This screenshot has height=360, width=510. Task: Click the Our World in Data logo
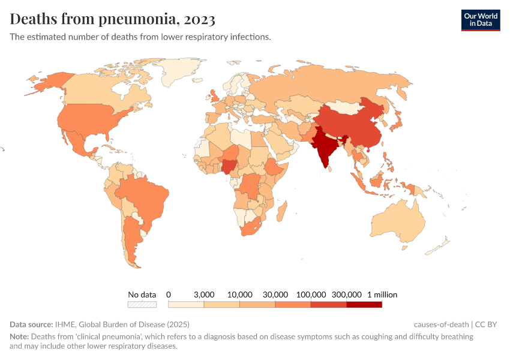click(x=480, y=20)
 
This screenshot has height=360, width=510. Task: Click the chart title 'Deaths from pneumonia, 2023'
click(x=112, y=19)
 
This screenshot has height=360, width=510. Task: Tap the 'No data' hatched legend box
click(x=142, y=305)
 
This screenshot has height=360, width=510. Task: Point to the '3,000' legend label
click(x=204, y=295)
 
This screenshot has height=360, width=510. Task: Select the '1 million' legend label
click(x=382, y=295)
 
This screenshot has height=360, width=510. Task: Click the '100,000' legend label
click(x=311, y=295)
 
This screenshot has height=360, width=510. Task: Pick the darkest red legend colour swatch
click(x=364, y=305)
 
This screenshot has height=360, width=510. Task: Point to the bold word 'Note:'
click(x=19, y=337)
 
